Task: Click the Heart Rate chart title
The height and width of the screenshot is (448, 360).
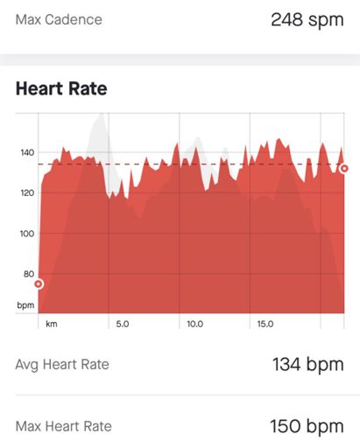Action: click(61, 88)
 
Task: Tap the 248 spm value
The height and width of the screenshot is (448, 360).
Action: click(307, 19)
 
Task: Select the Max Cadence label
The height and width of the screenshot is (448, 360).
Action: click(59, 19)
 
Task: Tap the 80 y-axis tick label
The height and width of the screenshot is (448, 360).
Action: click(28, 274)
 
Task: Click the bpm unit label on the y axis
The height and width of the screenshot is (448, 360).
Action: click(26, 305)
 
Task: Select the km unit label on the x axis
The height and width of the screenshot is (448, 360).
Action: click(52, 324)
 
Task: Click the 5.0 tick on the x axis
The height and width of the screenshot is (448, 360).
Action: click(122, 324)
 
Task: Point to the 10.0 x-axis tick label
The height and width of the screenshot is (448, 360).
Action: click(194, 324)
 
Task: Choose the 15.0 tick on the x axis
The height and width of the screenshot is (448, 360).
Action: click(265, 324)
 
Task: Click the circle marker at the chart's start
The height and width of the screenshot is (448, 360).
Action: click(38, 284)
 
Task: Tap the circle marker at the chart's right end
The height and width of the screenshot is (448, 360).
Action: click(344, 168)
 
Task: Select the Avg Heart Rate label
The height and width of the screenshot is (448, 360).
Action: click(62, 364)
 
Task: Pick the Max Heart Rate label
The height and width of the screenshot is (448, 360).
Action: click(63, 426)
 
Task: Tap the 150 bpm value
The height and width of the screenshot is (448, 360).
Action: click(307, 426)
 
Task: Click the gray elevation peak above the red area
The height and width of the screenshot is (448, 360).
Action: click(102, 122)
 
